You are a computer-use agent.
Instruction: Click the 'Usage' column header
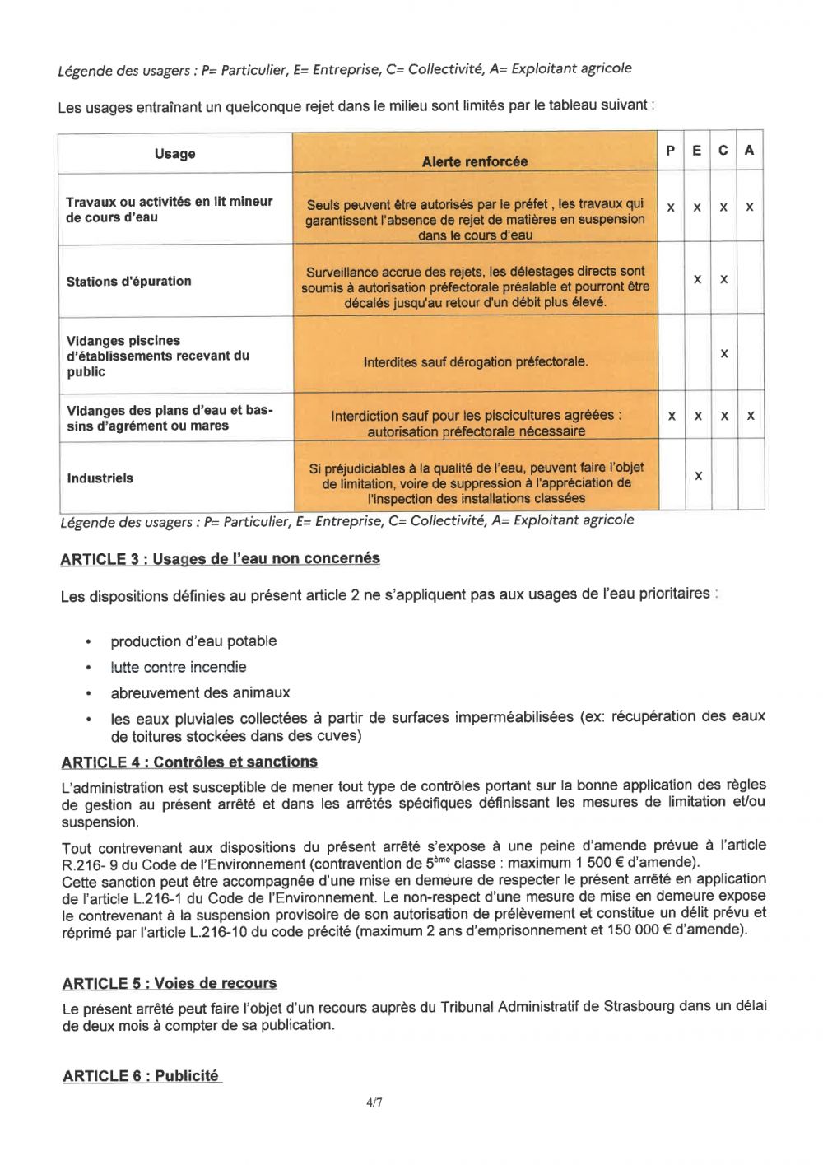[x=174, y=154]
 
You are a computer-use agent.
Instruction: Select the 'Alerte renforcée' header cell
[x=475, y=161]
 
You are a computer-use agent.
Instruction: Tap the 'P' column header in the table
[x=671, y=151]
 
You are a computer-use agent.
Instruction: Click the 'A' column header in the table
[x=749, y=151]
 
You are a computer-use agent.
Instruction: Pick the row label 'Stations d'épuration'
[x=129, y=282]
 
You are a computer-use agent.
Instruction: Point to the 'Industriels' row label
[x=100, y=478]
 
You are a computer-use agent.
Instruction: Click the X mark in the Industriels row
[x=698, y=476]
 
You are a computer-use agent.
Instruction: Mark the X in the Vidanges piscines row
[x=724, y=353]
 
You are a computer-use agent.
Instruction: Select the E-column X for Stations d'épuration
[x=697, y=279]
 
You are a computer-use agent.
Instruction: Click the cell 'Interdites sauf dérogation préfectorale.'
[x=476, y=361]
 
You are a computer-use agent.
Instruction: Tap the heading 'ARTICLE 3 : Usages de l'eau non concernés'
[x=220, y=559]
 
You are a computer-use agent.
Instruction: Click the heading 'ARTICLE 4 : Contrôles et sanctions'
[x=189, y=762]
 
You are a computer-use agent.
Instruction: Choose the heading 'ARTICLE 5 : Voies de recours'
[x=170, y=984]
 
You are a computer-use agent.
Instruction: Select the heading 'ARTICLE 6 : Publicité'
[x=141, y=1076]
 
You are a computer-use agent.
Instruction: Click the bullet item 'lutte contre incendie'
[x=179, y=667]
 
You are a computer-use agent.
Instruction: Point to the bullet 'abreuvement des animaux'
[x=200, y=692]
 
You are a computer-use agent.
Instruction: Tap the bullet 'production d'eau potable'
[x=193, y=641]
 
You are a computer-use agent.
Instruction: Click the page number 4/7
[x=374, y=1102]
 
